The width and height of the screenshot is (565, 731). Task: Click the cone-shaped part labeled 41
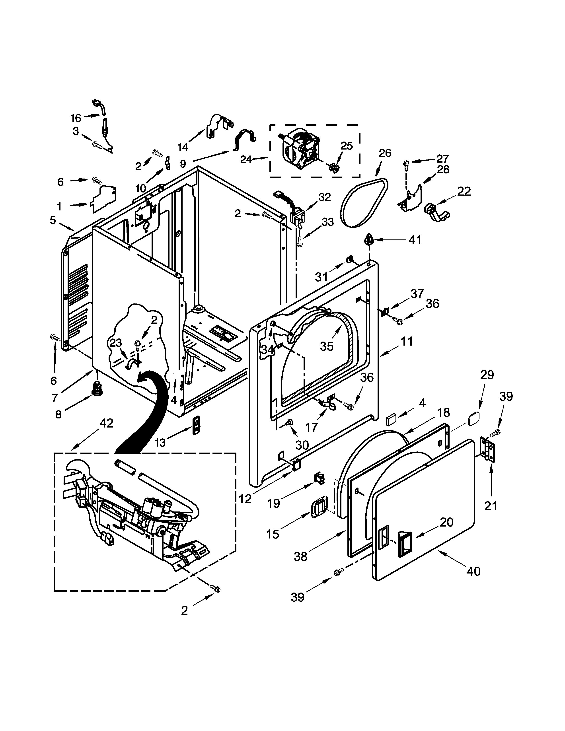point(368,240)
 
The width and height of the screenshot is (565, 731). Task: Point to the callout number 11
point(407,342)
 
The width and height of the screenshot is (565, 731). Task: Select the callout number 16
point(76,118)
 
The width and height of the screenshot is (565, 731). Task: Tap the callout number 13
point(160,443)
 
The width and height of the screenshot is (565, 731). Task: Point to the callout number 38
point(300,557)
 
